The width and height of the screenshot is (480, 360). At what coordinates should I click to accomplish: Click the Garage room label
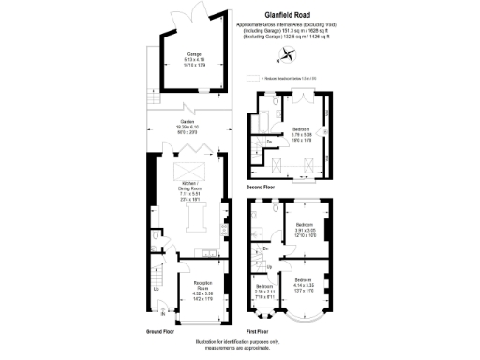pos(194,57)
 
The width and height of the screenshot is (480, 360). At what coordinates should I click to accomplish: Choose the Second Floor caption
pos(261,187)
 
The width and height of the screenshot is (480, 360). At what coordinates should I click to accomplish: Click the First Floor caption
pos(260,332)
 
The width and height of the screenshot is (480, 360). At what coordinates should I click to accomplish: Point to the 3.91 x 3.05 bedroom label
pos(305,229)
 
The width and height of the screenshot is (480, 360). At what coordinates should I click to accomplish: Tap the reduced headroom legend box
pos(251,79)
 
